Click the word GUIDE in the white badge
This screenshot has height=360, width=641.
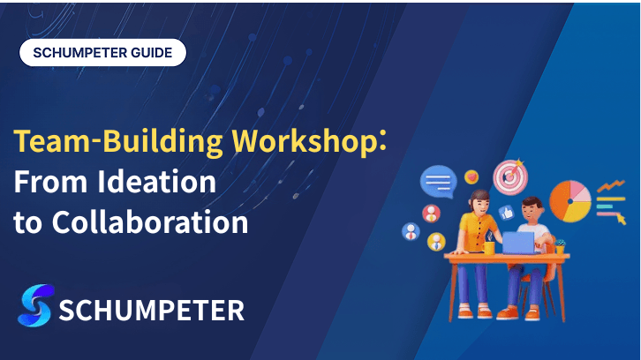[x=151, y=53]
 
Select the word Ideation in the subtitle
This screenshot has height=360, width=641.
[x=156, y=182]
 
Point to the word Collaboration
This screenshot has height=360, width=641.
[x=150, y=221]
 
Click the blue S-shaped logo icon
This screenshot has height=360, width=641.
[x=35, y=305]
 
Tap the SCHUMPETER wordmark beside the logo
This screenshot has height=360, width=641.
[x=152, y=311]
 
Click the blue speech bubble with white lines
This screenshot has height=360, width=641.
[x=439, y=182]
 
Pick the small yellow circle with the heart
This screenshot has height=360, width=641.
[x=471, y=177]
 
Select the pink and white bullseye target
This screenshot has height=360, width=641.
[x=510, y=176]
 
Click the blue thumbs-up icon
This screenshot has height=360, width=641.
[x=507, y=213]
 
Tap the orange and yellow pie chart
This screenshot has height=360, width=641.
[x=569, y=201]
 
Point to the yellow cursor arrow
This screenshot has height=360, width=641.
[x=621, y=219]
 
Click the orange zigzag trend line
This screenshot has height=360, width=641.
[x=611, y=186]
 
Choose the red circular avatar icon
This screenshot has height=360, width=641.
[x=431, y=214]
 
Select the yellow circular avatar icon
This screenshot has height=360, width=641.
[x=436, y=242]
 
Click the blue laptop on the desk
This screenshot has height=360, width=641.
[x=518, y=244]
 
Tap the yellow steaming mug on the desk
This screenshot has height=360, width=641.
[x=488, y=248]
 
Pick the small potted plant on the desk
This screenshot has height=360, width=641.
[x=560, y=246]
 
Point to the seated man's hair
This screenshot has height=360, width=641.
[x=532, y=203]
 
